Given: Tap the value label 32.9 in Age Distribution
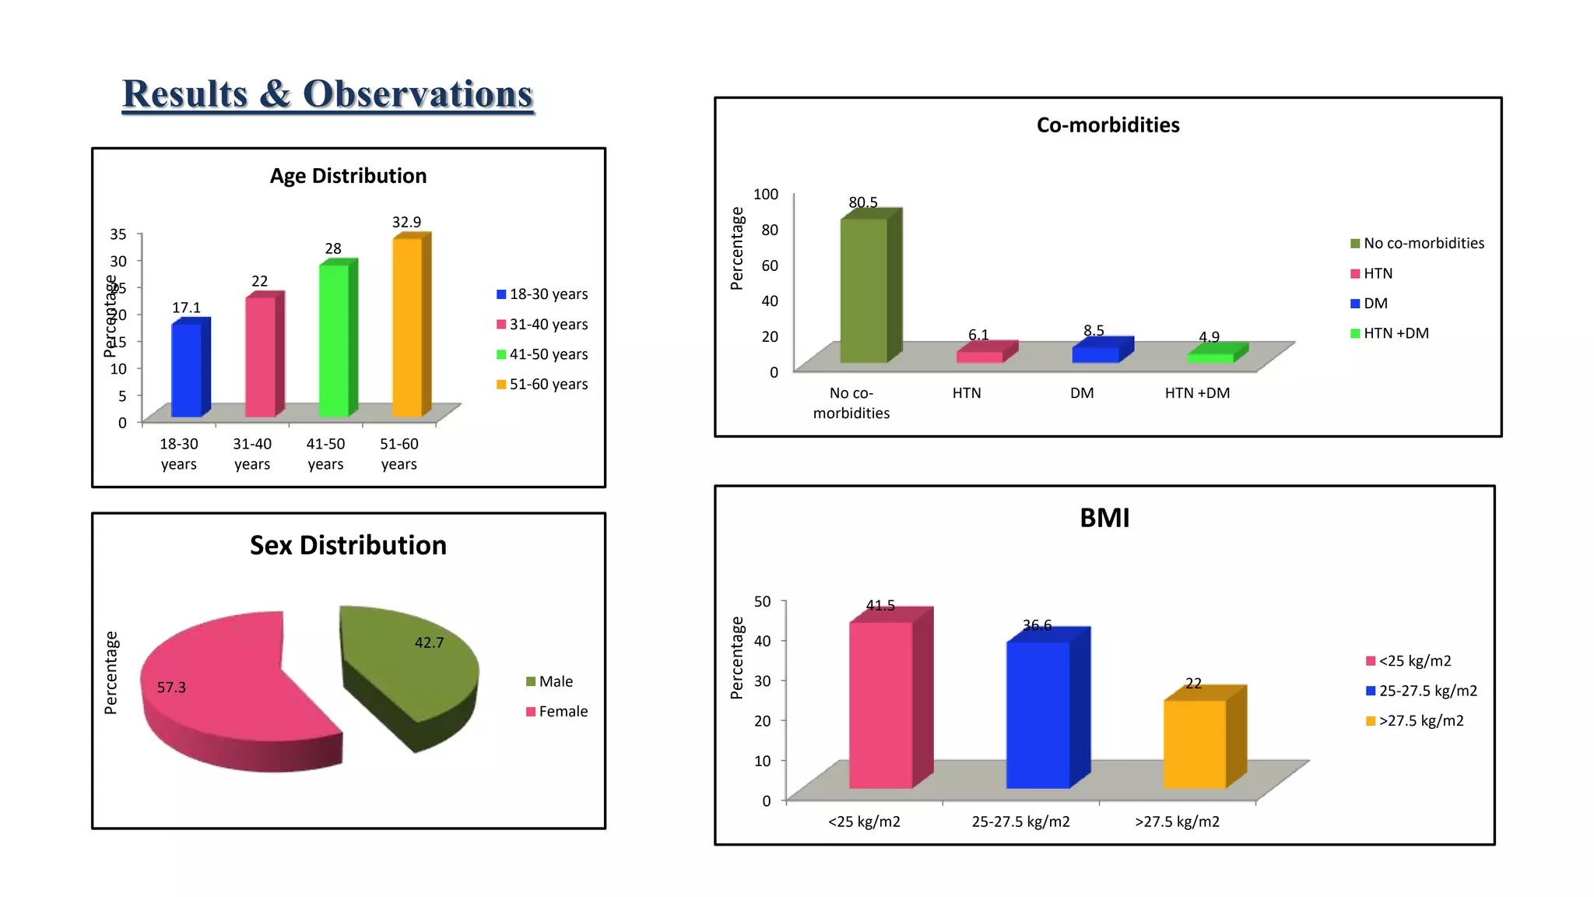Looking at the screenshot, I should [x=406, y=223].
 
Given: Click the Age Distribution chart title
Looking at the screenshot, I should [x=348, y=176].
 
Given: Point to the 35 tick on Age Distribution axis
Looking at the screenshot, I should [x=118, y=234].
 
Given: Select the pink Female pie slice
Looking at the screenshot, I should [x=226, y=685].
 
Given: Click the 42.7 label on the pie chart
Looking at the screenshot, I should [x=429, y=643].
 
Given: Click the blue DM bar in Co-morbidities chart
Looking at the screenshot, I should [x=1095, y=354].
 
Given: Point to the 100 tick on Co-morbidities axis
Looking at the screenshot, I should [x=765, y=194].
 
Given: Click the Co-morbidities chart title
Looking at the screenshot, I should [x=1108, y=125].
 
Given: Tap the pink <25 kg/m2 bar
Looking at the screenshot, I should [x=880, y=705].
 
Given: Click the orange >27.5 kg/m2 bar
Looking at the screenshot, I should [x=1194, y=744].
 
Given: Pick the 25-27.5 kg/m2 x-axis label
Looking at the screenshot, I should [x=1020, y=821].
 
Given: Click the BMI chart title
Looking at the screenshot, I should [x=1104, y=519].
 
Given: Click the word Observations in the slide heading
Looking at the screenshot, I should [x=417, y=94].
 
